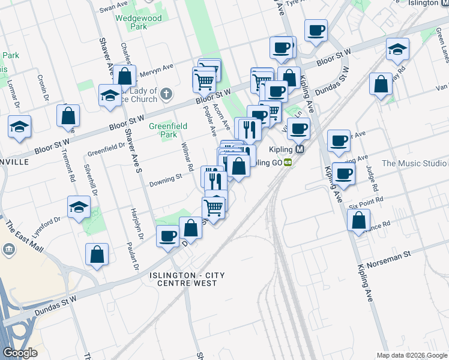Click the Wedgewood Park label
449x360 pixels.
point(139,22)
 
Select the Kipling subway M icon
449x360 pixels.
point(300,149)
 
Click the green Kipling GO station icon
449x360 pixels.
point(288,162)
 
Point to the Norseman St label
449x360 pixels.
point(389,254)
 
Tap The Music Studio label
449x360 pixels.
point(414,163)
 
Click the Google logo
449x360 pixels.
point(20,353)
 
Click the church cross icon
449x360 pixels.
point(166,94)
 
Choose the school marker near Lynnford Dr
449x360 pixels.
point(79,207)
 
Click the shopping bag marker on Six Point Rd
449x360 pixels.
point(358,219)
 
